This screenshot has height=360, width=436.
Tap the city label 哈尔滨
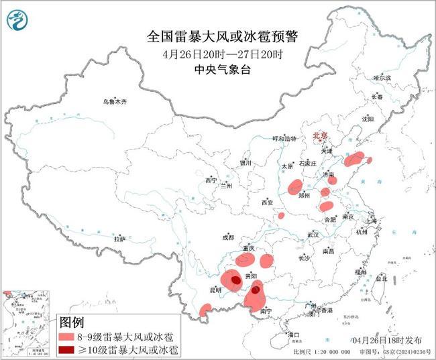point(381,78)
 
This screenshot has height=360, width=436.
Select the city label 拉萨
point(119,239)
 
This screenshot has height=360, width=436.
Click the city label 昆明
point(215,290)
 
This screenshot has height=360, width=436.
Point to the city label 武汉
point(313,235)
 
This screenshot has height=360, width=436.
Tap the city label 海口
point(292,333)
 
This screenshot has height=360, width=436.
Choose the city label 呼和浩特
point(283,138)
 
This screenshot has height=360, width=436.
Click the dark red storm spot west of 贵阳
point(235,280)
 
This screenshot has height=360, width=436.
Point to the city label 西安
point(268,202)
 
